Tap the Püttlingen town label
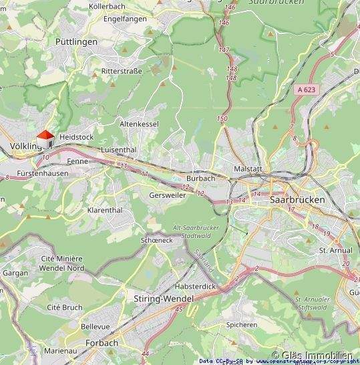pyautogui.click(x=76, y=41)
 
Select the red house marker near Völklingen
pyautogui.click(x=45, y=137)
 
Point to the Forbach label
pyautogui.click(x=102, y=343)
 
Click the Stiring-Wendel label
pyautogui.click(x=150, y=298)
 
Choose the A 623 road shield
pyautogui.click(x=307, y=88)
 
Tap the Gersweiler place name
pyautogui.click(x=168, y=195)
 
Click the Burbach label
pyautogui.click(x=200, y=178)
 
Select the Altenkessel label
pyautogui.click(x=139, y=124)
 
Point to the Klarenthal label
pyautogui.click(x=105, y=210)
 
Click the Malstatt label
pyautogui.click(x=246, y=169)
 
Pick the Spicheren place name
pyautogui.click(x=241, y=325)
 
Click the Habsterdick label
pyautogui.click(x=194, y=286)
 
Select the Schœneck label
pyautogui.click(x=158, y=239)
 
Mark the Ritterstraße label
pyautogui.click(x=122, y=70)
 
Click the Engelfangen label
pyautogui.click(x=125, y=19)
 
